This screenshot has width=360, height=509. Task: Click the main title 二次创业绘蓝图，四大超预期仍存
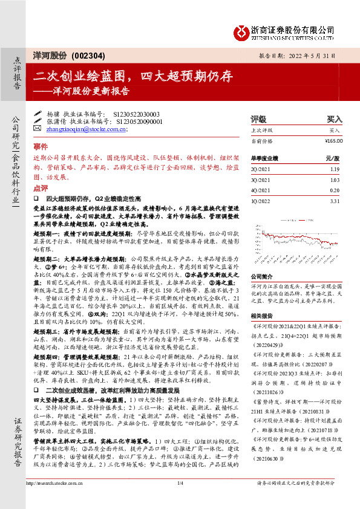(133, 76)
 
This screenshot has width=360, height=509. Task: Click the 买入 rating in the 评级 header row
(335, 119)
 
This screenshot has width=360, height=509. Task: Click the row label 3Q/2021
(260, 180)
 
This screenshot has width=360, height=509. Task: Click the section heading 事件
(41, 146)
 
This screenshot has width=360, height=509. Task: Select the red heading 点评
(41, 189)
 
